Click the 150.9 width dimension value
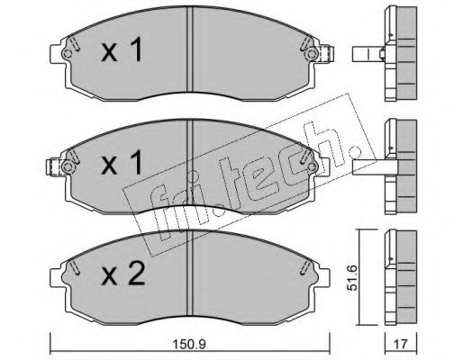coord(189,344)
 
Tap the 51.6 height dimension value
coord(352,277)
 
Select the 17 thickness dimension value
coord(401,344)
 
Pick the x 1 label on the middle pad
coord(122,163)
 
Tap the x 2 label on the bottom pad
coord(123,274)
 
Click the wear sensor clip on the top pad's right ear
coord(327,54)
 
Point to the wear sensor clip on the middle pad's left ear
coord(55,167)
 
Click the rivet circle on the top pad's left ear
coord(68,54)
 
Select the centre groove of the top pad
coord(190,49)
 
